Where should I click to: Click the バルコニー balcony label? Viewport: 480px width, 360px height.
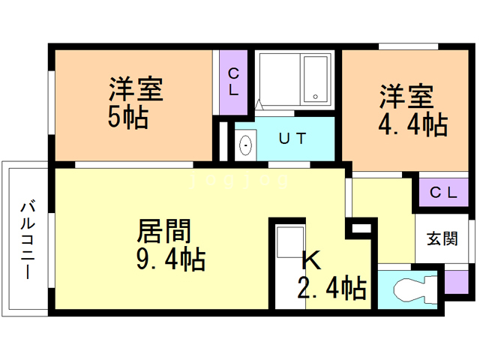(28, 238)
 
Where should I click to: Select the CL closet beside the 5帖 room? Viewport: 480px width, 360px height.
(233, 82)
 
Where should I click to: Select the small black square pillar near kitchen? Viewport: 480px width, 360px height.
(358, 228)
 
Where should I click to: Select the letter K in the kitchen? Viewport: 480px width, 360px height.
(311, 260)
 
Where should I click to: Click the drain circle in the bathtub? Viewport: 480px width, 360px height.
(316, 97)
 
